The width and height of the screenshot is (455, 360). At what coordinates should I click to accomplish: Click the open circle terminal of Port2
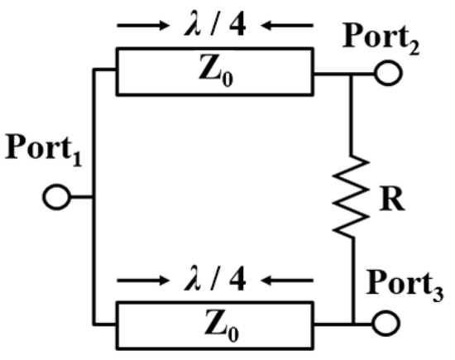(388, 72)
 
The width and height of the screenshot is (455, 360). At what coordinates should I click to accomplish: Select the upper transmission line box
(214, 71)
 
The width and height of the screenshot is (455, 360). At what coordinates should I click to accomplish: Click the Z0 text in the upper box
(214, 71)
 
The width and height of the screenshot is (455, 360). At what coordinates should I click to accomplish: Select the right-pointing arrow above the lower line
(141, 279)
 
